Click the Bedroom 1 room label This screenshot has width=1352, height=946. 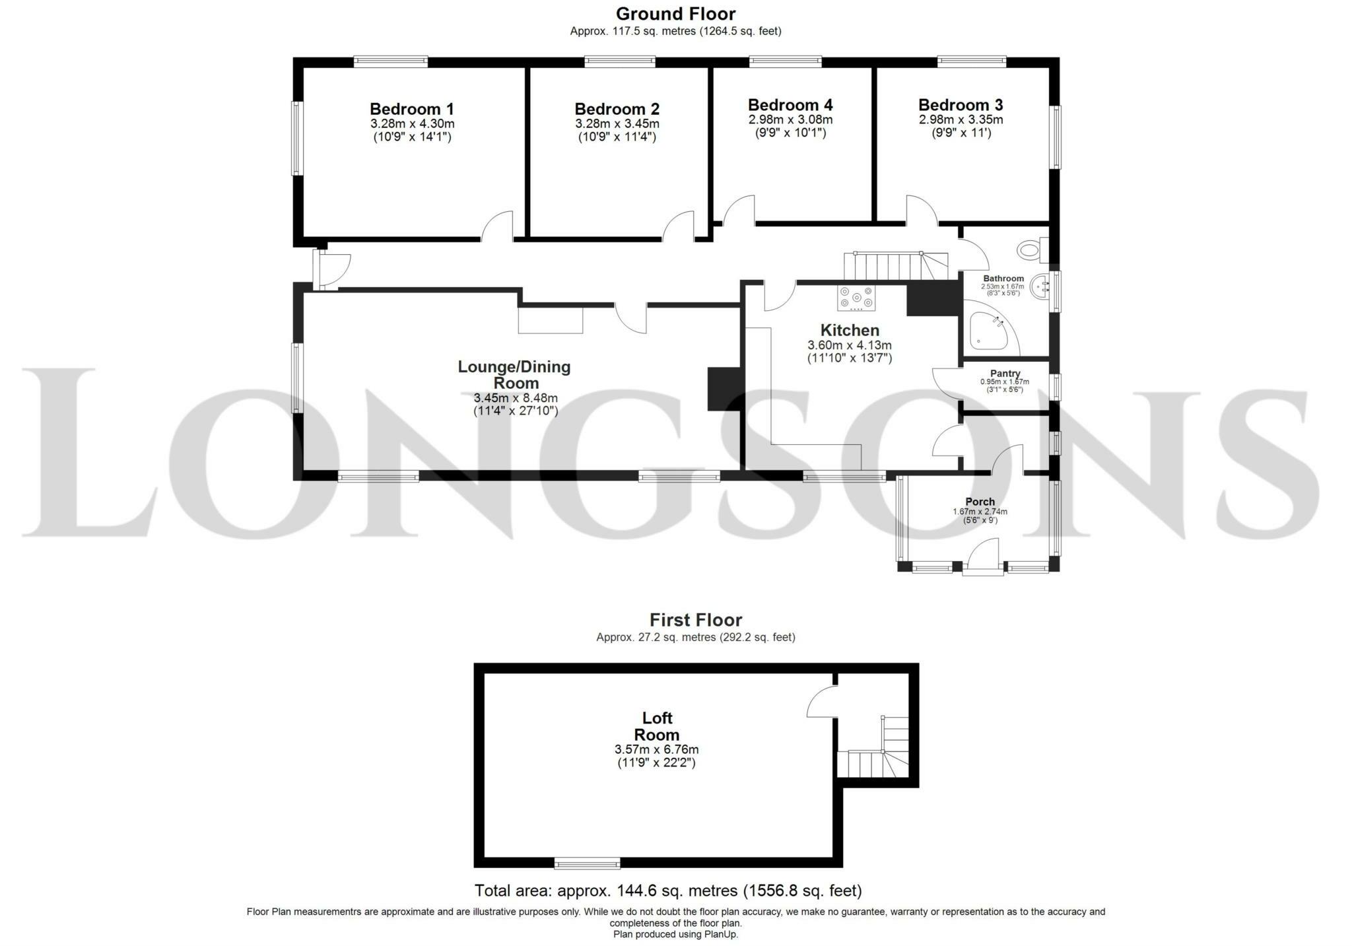click(411, 109)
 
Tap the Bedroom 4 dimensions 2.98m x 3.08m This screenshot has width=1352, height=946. click(790, 120)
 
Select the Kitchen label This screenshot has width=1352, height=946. click(850, 330)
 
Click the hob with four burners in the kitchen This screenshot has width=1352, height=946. click(856, 298)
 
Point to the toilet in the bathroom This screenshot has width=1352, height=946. click(1032, 250)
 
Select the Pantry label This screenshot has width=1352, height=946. click(1005, 374)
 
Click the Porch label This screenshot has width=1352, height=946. click(980, 502)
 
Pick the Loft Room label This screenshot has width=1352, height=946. click(657, 726)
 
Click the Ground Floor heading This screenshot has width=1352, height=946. click(675, 14)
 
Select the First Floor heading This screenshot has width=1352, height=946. click(695, 620)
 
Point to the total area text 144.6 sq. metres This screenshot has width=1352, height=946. click(668, 891)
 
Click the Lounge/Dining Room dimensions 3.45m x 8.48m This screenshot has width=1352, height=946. click(516, 398)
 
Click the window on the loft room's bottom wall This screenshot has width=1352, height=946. click(587, 863)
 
